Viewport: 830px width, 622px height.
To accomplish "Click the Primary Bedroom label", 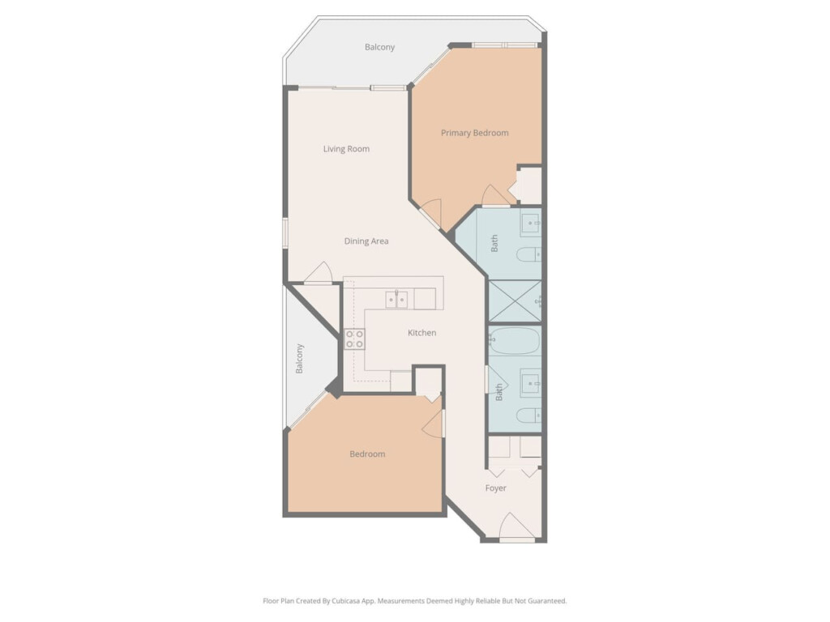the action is (474, 133).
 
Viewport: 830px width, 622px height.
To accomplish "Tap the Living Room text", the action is (346, 149).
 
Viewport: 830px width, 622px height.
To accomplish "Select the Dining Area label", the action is (366, 241).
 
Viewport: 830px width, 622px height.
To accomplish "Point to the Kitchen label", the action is (421, 333).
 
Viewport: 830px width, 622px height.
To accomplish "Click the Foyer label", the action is (495, 488).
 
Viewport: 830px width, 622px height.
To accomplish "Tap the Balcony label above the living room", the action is (379, 47).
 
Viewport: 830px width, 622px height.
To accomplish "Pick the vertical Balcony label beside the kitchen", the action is (299, 359).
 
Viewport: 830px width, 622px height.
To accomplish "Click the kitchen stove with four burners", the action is (355, 339).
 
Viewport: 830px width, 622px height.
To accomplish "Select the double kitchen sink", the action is (396, 300).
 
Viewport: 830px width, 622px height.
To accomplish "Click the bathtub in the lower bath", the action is (515, 341).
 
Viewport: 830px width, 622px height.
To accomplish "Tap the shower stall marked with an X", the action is (515, 301).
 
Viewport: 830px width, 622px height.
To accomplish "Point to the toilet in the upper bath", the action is (528, 255).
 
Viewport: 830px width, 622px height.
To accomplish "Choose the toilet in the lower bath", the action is (528, 415).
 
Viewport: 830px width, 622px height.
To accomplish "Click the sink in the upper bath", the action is (531, 224).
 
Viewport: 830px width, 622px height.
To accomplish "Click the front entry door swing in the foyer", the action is (517, 526).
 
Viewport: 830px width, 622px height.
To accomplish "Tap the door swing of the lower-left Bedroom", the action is (433, 424).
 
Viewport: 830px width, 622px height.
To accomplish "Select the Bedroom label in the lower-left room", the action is (367, 454).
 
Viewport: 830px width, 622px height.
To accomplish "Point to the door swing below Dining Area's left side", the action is (318, 272).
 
